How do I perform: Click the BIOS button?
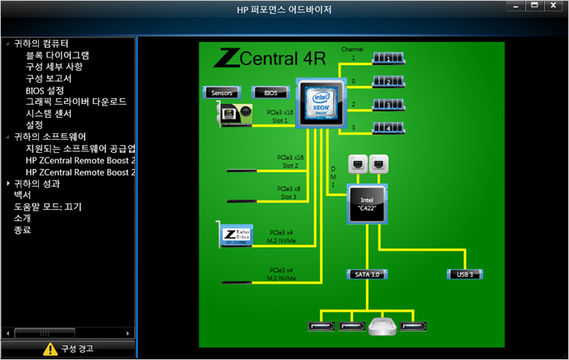point(271,93)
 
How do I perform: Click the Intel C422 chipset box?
point(368,204)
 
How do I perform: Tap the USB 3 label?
point(466,275)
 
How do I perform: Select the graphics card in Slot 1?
point(240,115)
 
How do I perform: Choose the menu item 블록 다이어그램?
point(58,55)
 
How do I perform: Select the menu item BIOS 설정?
point(45,90)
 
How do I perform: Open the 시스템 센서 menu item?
point(53,114)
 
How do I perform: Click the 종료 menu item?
point(22,231)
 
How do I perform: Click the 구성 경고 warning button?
point(67,349)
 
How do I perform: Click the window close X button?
point(554,7)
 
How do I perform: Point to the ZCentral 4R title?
point(269,59)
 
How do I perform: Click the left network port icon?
point(358,164)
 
